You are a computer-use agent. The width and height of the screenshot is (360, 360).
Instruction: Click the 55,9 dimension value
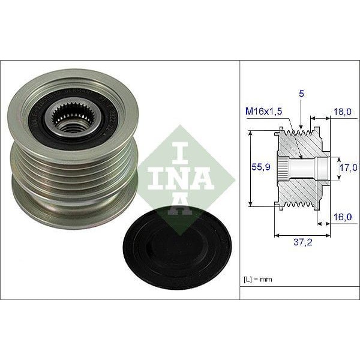tap(259, 168)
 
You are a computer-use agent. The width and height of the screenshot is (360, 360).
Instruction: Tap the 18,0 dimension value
tap(342, 111)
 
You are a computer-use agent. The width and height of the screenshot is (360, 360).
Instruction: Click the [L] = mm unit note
tap(259, 278)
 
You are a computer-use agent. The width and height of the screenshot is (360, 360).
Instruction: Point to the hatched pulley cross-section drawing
tap(300, 168)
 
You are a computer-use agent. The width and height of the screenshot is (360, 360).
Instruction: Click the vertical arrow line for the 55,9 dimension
tap(250, 168)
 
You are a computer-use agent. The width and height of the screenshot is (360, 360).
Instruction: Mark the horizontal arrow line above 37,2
tap(302, 233)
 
